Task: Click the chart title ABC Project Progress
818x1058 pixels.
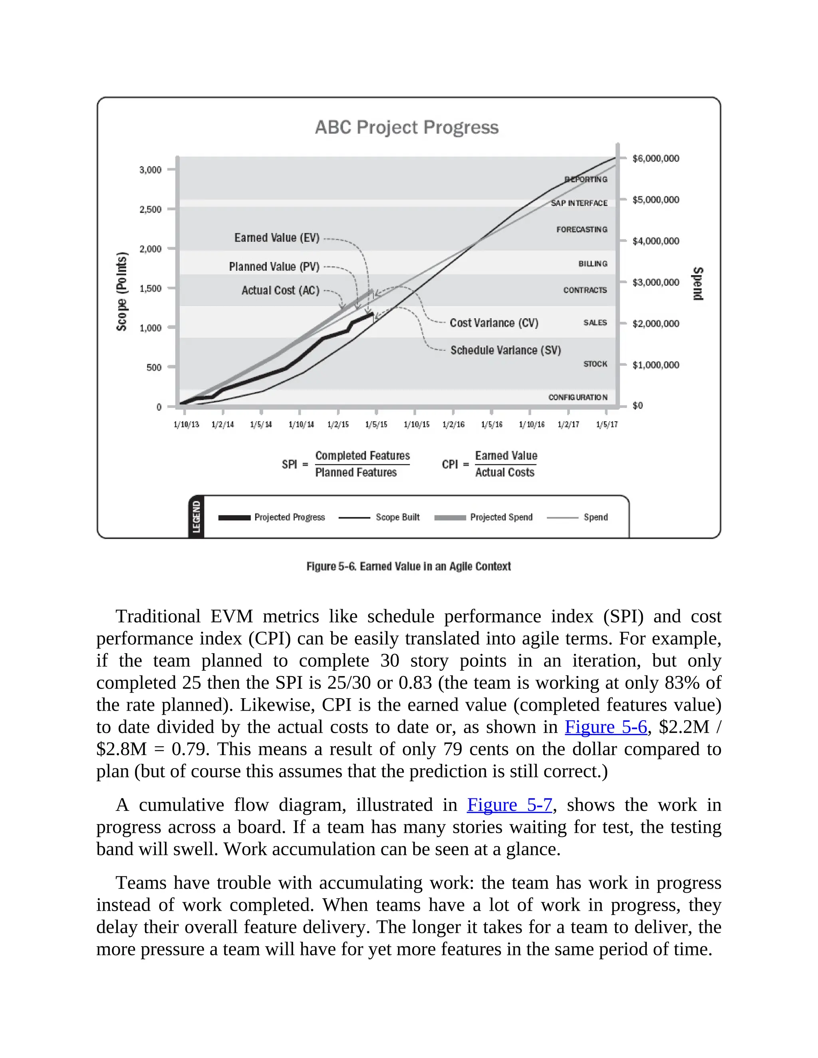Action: (407, 127)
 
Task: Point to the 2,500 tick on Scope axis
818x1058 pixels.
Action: (150, 209)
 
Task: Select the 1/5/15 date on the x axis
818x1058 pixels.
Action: (376, 424)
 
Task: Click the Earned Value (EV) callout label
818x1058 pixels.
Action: (277, 238)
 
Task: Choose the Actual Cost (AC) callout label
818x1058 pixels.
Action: (280, 290)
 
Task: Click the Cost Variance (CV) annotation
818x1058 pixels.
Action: (494, 323)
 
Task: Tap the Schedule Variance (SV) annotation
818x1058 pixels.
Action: (505, 350)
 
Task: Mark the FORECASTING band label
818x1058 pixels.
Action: (582, 229)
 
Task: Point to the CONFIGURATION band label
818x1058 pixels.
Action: (578, 397)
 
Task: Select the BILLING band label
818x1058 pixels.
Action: (593, 264)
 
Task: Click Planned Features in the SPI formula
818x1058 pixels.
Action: (356, 472)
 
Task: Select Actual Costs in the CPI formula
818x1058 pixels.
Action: (504, 472)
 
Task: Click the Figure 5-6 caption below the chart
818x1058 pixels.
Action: (409, 566)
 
